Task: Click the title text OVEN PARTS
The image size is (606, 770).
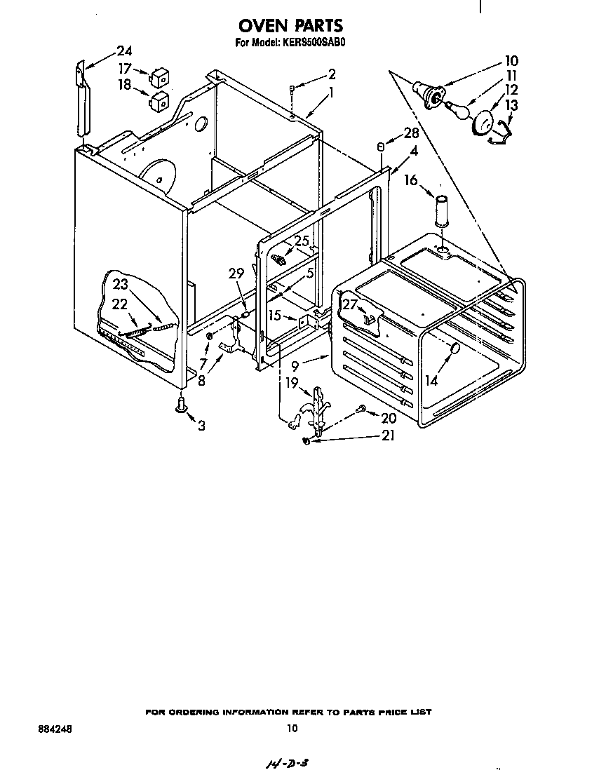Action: point(291,26)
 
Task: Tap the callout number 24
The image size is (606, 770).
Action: point(123,50)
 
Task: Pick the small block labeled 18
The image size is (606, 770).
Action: point(161,101)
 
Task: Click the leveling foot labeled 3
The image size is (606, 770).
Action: point(182,405)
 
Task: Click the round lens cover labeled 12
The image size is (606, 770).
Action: point(481,123)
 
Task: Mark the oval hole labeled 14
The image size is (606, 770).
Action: point(454,349)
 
